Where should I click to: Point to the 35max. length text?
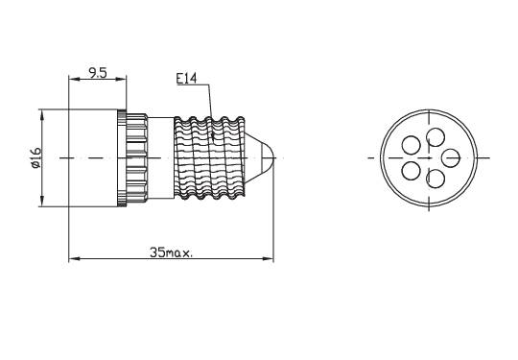pyautogui.click(x=172, y=252)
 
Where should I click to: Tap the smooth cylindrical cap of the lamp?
pyautogui.click(x=93, y=156)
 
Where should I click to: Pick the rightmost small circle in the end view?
pyautogui.click(x=450, y=156)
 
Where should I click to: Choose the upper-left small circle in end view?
pyautogui.click(x=411, y=145)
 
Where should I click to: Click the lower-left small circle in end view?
pyautogui.click(x=411, y=170)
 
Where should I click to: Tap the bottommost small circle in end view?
pyautogui.click(x=435, y=179)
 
